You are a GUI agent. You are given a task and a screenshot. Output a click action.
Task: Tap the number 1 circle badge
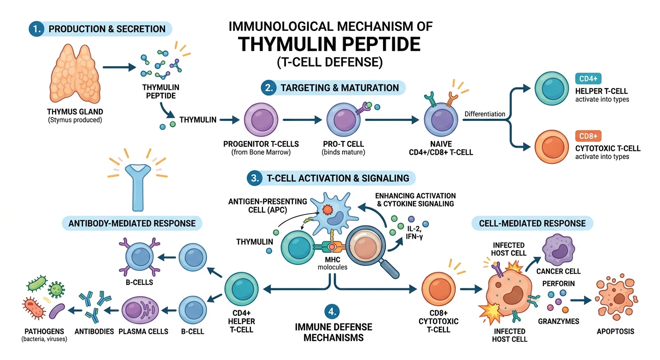(36, 29)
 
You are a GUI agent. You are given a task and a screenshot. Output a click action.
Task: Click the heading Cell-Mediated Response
(532, 223)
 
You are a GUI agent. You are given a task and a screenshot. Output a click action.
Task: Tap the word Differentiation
(485, 114)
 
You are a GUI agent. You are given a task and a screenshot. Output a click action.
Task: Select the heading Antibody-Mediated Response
(132, 223)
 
